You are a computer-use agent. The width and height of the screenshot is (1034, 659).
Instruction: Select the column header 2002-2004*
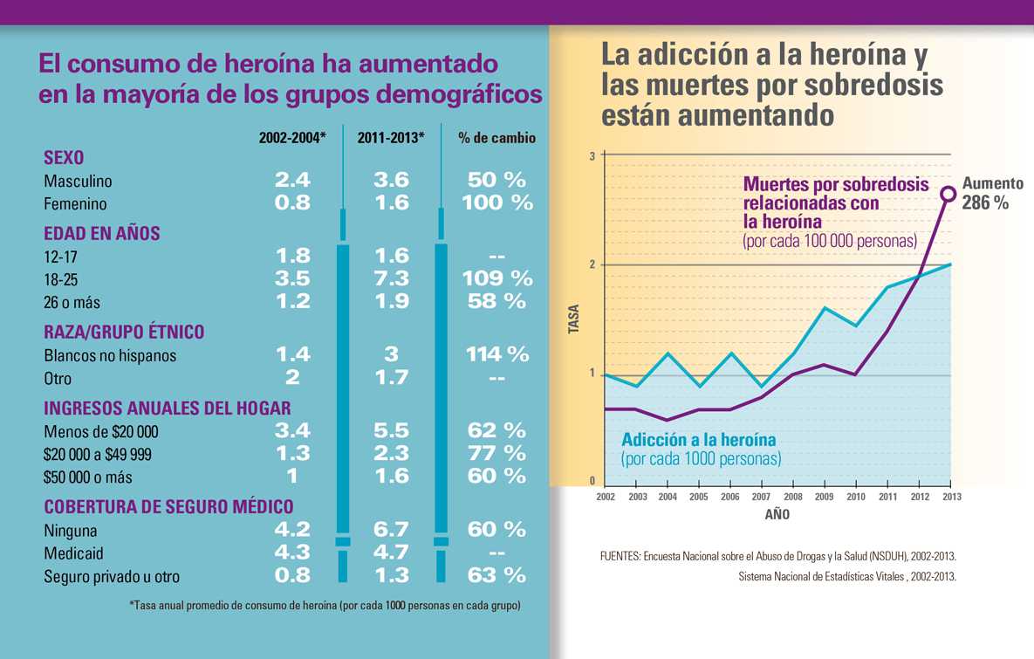(292, 138)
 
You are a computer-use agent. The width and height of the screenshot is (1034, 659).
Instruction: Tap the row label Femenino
(75, 203)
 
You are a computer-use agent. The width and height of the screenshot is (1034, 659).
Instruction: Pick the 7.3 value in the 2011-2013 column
(390, 278)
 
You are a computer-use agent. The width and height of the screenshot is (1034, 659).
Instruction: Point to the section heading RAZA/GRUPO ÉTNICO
(124, 332)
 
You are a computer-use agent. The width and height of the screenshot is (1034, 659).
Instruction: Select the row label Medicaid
(73, 553)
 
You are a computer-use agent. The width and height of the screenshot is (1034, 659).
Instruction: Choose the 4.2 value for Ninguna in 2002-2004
(292, 530)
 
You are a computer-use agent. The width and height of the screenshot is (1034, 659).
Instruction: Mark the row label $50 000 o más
(88, 477)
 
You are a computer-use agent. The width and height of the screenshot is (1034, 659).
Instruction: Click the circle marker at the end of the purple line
(948, 194)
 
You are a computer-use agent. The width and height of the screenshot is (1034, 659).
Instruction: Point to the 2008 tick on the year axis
(792, 497)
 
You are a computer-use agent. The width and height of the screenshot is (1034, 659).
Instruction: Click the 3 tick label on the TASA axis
(592, 156)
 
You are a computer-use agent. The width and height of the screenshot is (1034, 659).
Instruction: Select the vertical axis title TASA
(574, 320)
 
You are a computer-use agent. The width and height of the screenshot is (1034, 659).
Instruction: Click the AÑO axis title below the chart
(777, 515)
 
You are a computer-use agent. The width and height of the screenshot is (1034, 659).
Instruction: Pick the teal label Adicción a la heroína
(698, 439)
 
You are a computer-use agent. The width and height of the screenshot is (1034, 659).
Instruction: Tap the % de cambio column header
(496, 138)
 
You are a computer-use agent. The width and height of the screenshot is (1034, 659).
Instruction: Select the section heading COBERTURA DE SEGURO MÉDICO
(168, 506)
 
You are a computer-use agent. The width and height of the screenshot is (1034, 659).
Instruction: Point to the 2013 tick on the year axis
(951, 497)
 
